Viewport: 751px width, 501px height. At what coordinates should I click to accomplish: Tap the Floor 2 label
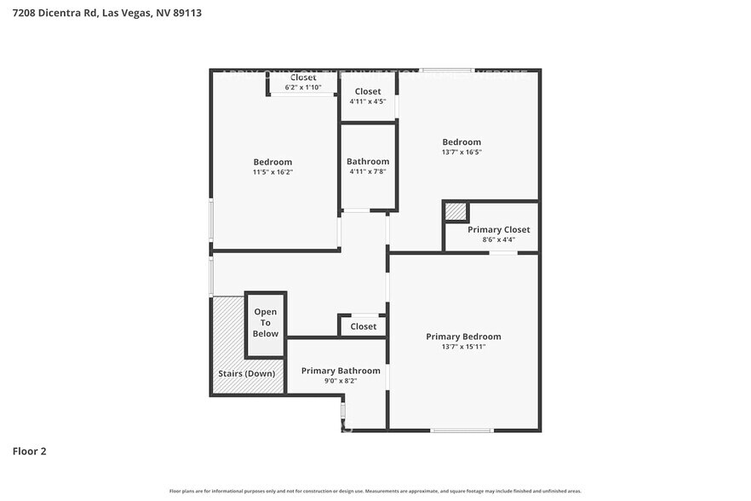pos(29,451)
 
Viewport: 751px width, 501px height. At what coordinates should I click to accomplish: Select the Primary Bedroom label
pos(463,337)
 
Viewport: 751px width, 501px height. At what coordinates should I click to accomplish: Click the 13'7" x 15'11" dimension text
pos(463,348)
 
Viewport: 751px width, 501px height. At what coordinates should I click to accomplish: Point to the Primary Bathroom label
pos(341,371)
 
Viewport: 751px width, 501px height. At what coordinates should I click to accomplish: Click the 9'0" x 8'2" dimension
pos(341,381)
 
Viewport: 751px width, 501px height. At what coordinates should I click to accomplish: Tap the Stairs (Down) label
pos(247,374)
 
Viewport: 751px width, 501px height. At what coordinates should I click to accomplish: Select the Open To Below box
pos(266,324)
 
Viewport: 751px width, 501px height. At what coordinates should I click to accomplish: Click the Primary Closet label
pos(498,229)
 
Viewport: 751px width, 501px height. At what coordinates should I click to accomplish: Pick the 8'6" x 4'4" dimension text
pos(498,239)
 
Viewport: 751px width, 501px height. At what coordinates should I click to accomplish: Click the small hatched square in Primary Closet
pos(456,211)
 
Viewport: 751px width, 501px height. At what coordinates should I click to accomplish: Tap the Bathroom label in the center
pos(368,161)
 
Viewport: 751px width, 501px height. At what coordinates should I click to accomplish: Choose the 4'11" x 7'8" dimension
pos(368,171)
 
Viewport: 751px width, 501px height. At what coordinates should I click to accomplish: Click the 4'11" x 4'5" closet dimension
pos(368,101)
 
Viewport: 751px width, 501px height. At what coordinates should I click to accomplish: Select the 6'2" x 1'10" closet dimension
pos(302,87)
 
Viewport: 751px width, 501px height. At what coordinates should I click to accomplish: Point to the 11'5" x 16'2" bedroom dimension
pos(272,172)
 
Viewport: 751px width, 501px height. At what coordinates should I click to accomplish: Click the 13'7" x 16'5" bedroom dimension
pos(461,153)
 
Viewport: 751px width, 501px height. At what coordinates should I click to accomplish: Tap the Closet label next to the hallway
pos(363,326)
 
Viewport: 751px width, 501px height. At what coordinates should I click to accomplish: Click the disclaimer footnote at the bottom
pos(375,492)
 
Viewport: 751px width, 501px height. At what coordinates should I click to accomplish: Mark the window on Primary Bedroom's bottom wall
pos(461,430)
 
